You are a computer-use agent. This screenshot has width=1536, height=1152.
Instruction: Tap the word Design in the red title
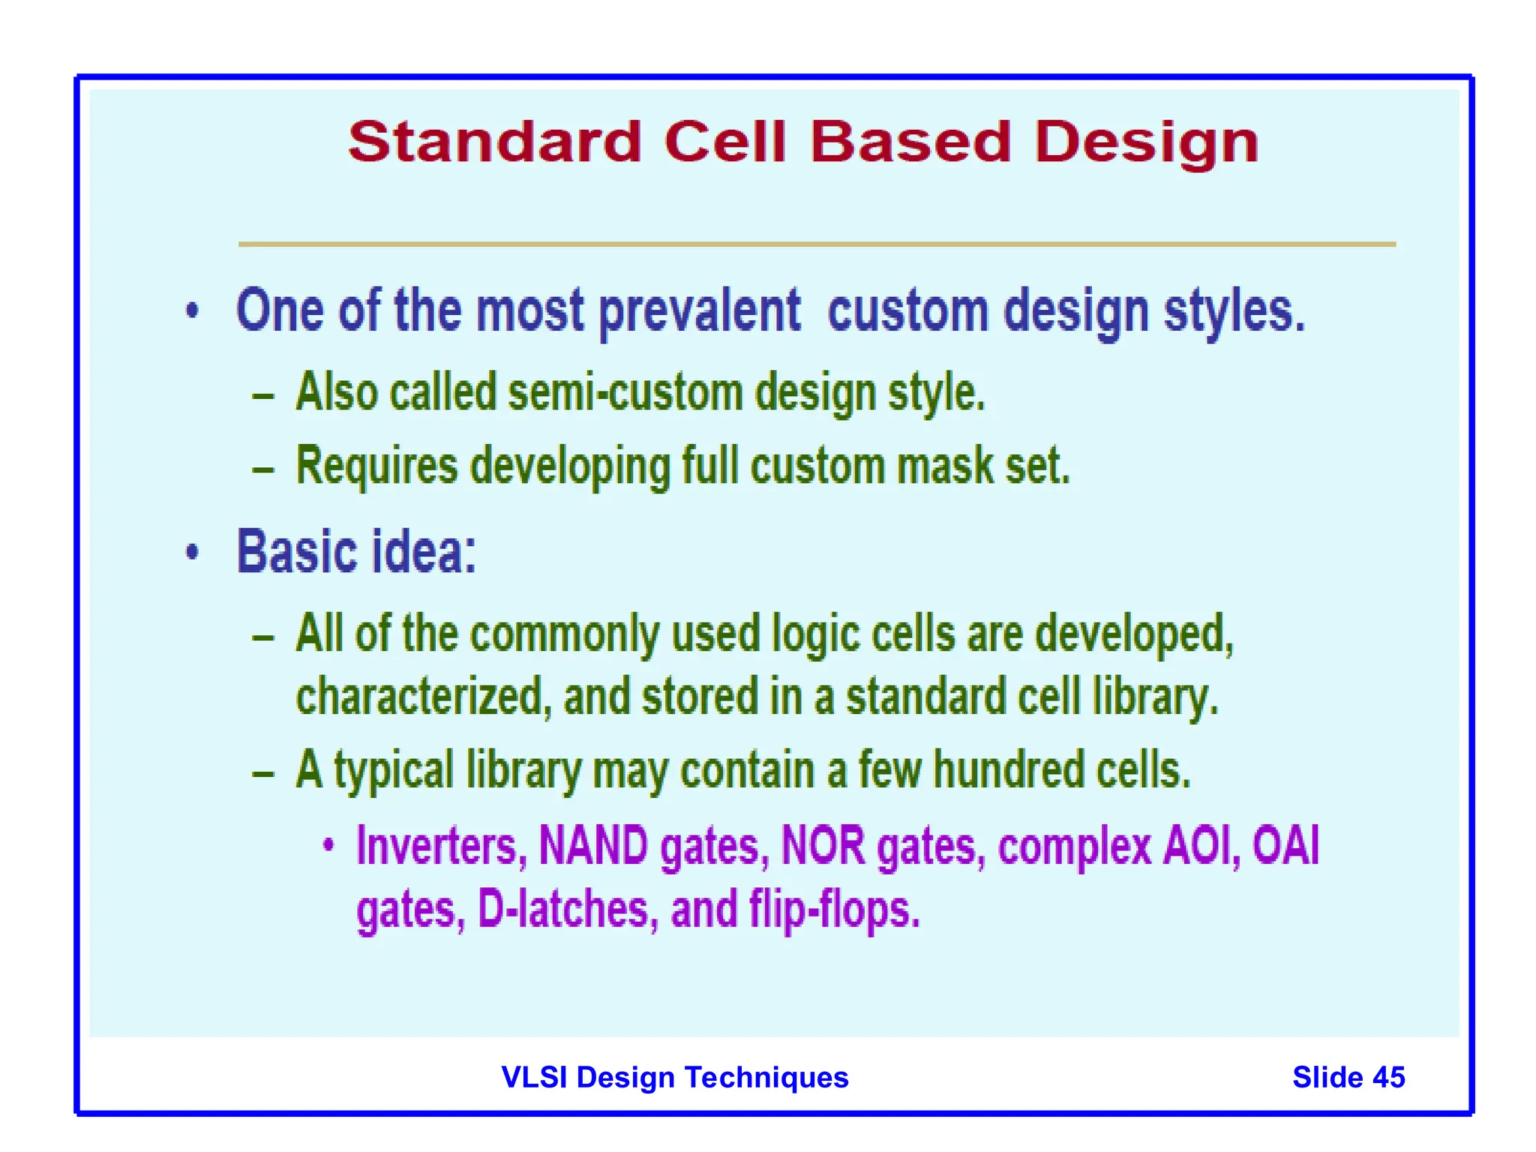point(1146,143)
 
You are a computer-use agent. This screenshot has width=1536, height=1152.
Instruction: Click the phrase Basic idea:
point(356,552)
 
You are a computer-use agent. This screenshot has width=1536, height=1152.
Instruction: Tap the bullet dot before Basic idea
point(193,553)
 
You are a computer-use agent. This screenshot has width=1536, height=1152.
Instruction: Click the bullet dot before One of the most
point(193,310)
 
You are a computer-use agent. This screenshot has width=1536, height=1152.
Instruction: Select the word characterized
point(418,697)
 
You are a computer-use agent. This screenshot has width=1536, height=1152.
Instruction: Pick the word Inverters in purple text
point(436,847)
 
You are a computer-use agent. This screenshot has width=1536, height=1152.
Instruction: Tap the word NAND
point(593,845)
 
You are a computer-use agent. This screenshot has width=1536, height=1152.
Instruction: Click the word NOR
point(823,845)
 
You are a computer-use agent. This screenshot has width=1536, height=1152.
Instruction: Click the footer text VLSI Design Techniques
point(674,1078)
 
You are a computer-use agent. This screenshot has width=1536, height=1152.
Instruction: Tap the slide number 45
point(1388,1078)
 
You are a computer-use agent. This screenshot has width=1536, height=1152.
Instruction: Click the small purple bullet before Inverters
point(328,845)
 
